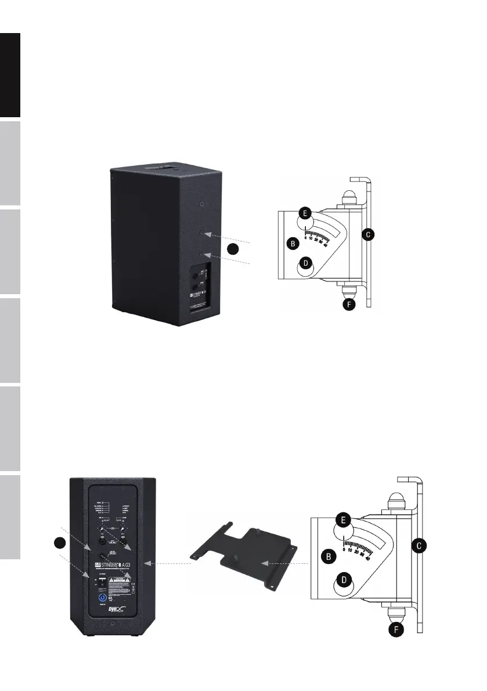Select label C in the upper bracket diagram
[367, 234]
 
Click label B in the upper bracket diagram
[294, 244]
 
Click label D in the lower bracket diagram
[344, 580]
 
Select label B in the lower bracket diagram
[329, 556]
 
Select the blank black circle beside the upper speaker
[233, 249]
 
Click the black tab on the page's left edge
[10, 75]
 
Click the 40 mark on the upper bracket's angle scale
[325, 245]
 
